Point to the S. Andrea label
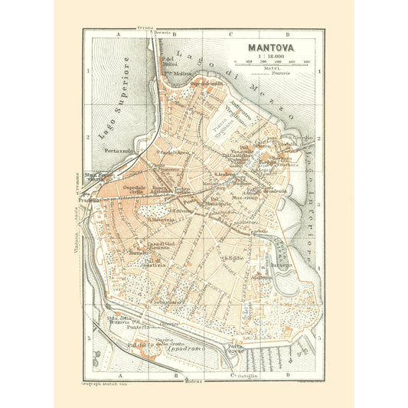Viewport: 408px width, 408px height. pyautogui.click(x=226, y=175)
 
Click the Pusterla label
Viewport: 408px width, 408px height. pyautogui.click(x=115, y=325)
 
